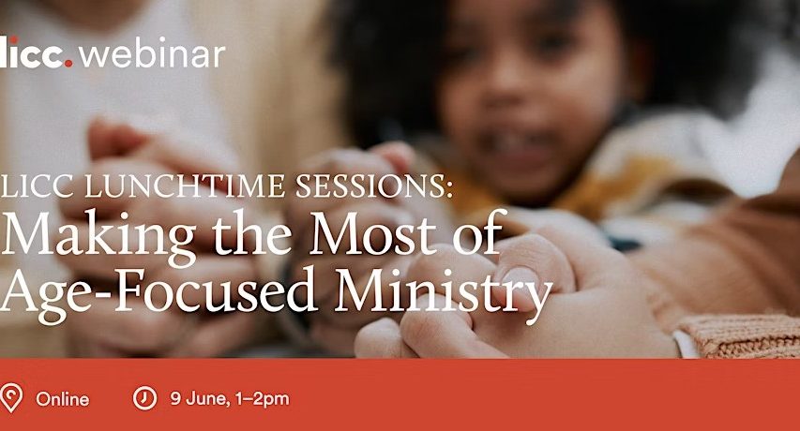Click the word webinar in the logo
[153, 52]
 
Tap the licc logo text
[32, 52]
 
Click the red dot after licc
[68, 63]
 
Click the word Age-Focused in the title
[158, 293]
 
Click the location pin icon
[10, 397]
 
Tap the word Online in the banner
[62, 399]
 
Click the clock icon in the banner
[144, 398]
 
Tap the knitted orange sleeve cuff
[740, 336]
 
